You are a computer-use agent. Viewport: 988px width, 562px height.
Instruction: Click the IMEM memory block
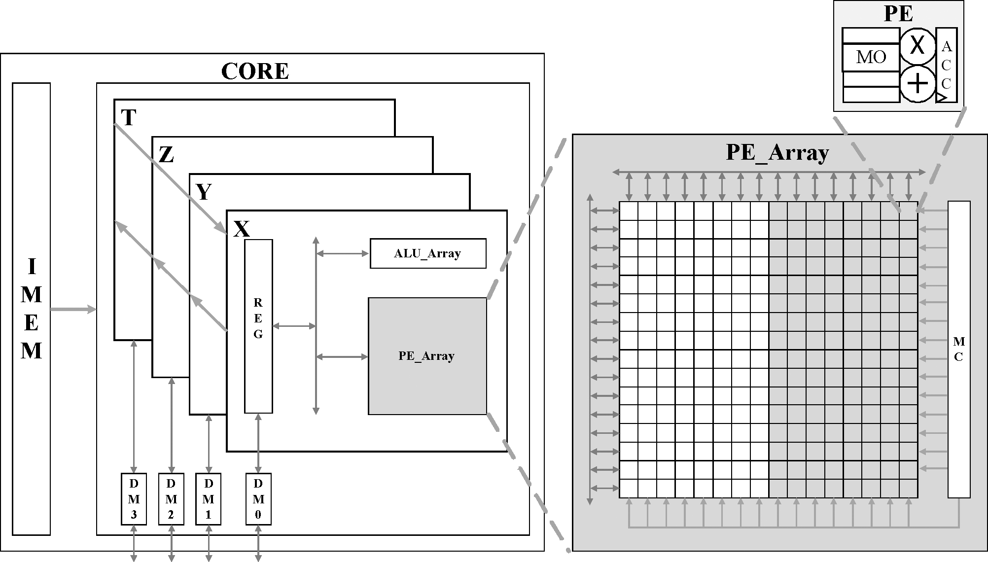tap(31, 309)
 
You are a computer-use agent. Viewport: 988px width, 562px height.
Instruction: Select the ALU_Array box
tap(427, 253)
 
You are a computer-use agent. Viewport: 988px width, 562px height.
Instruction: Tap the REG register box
tap(258, 326)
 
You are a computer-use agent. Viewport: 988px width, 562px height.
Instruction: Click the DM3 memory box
tap(134, 499)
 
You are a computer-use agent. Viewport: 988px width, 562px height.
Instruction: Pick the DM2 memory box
tap(171, 499)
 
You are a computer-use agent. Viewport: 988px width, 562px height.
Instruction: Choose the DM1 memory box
tap(208, 499)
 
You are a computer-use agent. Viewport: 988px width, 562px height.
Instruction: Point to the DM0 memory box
tap(258, 499)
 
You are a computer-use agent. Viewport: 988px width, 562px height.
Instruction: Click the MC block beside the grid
tap(959, 349)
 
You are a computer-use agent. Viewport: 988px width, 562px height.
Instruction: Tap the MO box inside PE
tap(871, 57)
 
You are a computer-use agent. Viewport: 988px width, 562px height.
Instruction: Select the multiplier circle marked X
tap(917, 46)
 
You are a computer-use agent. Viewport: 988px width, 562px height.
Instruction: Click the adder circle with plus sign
tap(917, 84)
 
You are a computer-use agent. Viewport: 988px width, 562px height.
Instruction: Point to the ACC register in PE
tap(946, 65)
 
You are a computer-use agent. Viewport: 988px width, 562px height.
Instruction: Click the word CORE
tap(255, 71)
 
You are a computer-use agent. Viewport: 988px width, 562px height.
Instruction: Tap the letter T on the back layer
tap(128, 118)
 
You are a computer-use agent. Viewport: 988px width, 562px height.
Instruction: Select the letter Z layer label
tap(166, 155)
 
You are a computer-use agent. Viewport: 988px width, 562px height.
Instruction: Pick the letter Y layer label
tap(204, 192)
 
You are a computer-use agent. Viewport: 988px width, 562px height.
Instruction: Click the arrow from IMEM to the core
tap(73, 310)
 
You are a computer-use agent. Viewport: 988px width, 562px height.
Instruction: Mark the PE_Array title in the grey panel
tap(777, 153)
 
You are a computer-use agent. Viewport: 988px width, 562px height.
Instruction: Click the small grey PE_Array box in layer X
tap(427, 355)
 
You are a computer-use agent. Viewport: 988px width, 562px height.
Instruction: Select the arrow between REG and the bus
tap(294, 326)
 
